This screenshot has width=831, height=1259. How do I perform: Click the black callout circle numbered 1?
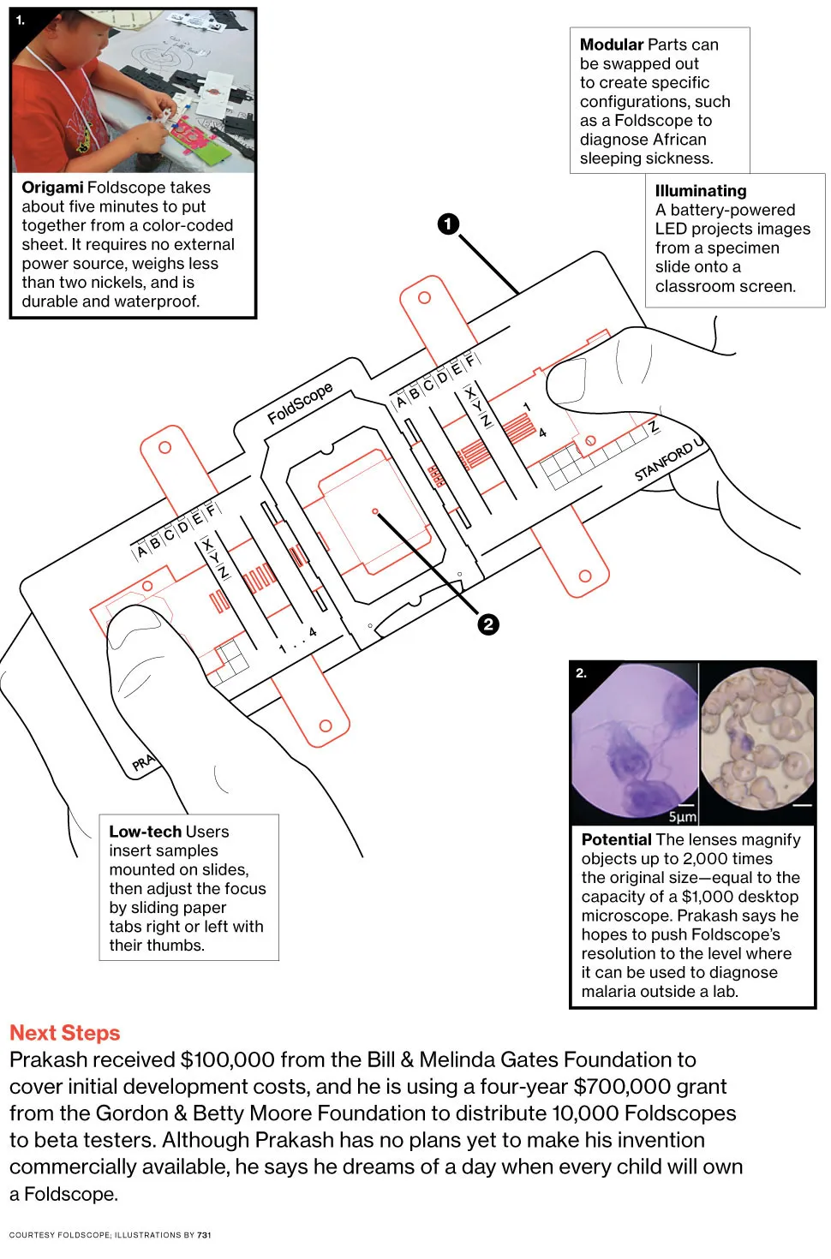coord(448,224)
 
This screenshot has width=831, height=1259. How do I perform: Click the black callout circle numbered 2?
coord(488,624)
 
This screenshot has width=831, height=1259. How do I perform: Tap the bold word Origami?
coord(52,188)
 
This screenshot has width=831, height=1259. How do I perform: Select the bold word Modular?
coord(611,45)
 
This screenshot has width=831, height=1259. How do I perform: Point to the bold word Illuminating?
coord(700,191)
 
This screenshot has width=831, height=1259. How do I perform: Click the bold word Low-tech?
coord(145,832)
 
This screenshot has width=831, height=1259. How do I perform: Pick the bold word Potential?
coord(616,839)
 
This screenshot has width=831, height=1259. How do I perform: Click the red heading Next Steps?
coord(65,1033)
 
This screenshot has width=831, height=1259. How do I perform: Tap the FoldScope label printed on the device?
coord(300,403)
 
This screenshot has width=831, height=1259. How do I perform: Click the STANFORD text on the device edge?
coord(664,462)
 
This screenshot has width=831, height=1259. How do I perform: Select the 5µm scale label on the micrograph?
coord(682,817)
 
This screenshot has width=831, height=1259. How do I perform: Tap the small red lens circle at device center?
coord(375,511)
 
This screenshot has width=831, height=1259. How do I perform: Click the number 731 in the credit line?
coord(204,1235)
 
